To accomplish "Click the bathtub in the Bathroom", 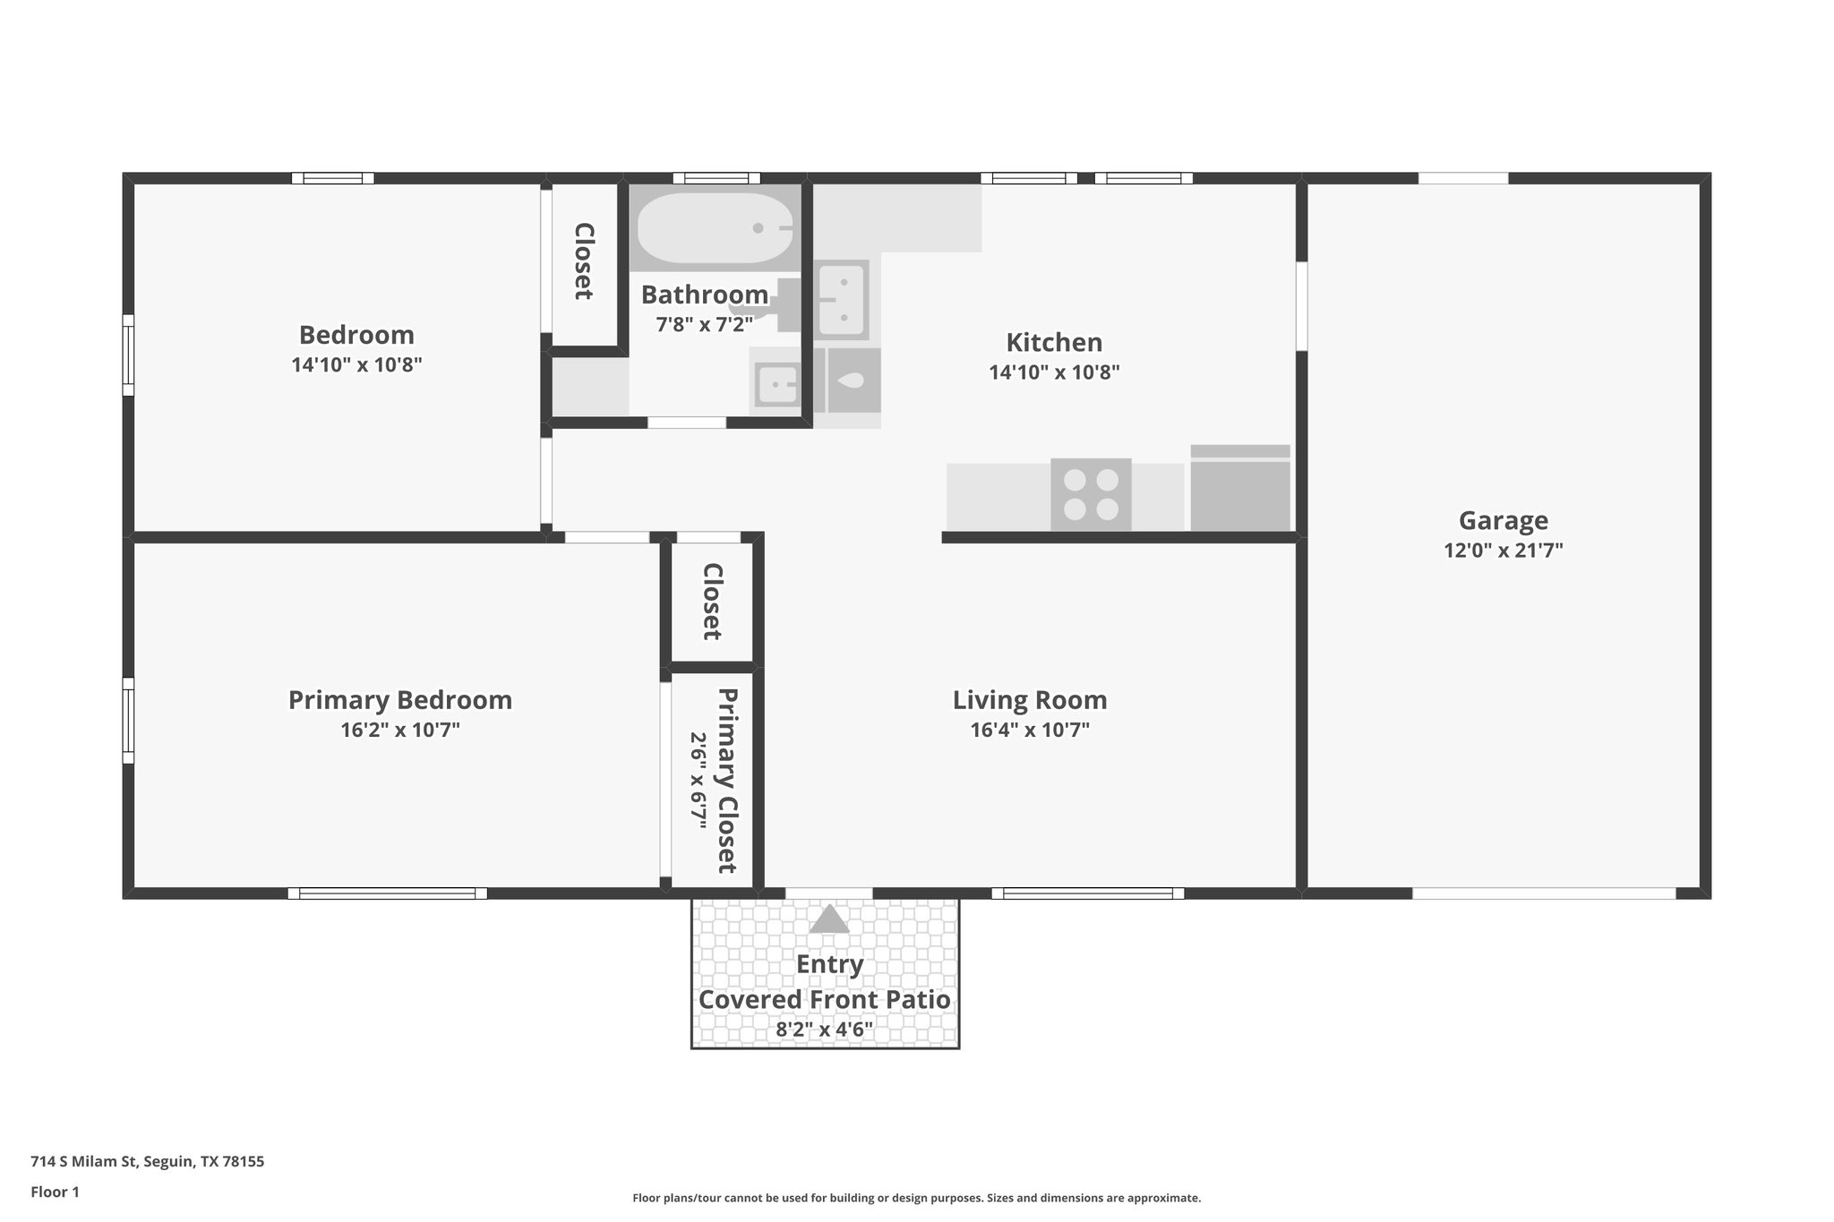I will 715,227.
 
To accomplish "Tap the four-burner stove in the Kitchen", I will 1091,494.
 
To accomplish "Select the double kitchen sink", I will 842,300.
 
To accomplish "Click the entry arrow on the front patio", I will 828,919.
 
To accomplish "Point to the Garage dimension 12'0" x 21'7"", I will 1503,551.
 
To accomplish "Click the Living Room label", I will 1029,699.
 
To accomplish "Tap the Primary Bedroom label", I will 399,699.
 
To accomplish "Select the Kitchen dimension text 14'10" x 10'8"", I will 1054,372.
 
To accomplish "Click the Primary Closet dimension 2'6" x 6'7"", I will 698,781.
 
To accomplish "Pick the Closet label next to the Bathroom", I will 584,261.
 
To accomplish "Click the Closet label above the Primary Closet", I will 713,601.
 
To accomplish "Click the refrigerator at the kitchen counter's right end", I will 1240,489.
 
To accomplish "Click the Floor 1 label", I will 55,1192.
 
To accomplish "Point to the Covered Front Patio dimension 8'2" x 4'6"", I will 824,1030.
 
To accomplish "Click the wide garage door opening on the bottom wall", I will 1543,893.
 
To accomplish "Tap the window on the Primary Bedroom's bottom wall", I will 387,893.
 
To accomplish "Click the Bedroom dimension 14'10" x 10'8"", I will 356,365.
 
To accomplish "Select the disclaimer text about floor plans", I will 916,1198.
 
